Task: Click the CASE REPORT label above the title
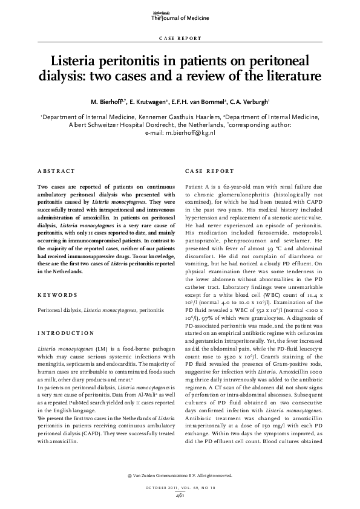pos(180,38)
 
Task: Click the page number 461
pos(180,496)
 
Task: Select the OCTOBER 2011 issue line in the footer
pos(180,488)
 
